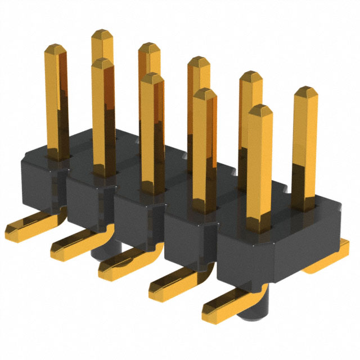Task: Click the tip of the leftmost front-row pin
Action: coord(55,49)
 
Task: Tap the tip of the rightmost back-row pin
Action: coord(305,91)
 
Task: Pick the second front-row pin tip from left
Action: coord(103,62)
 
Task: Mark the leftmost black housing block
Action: coord(42,180)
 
